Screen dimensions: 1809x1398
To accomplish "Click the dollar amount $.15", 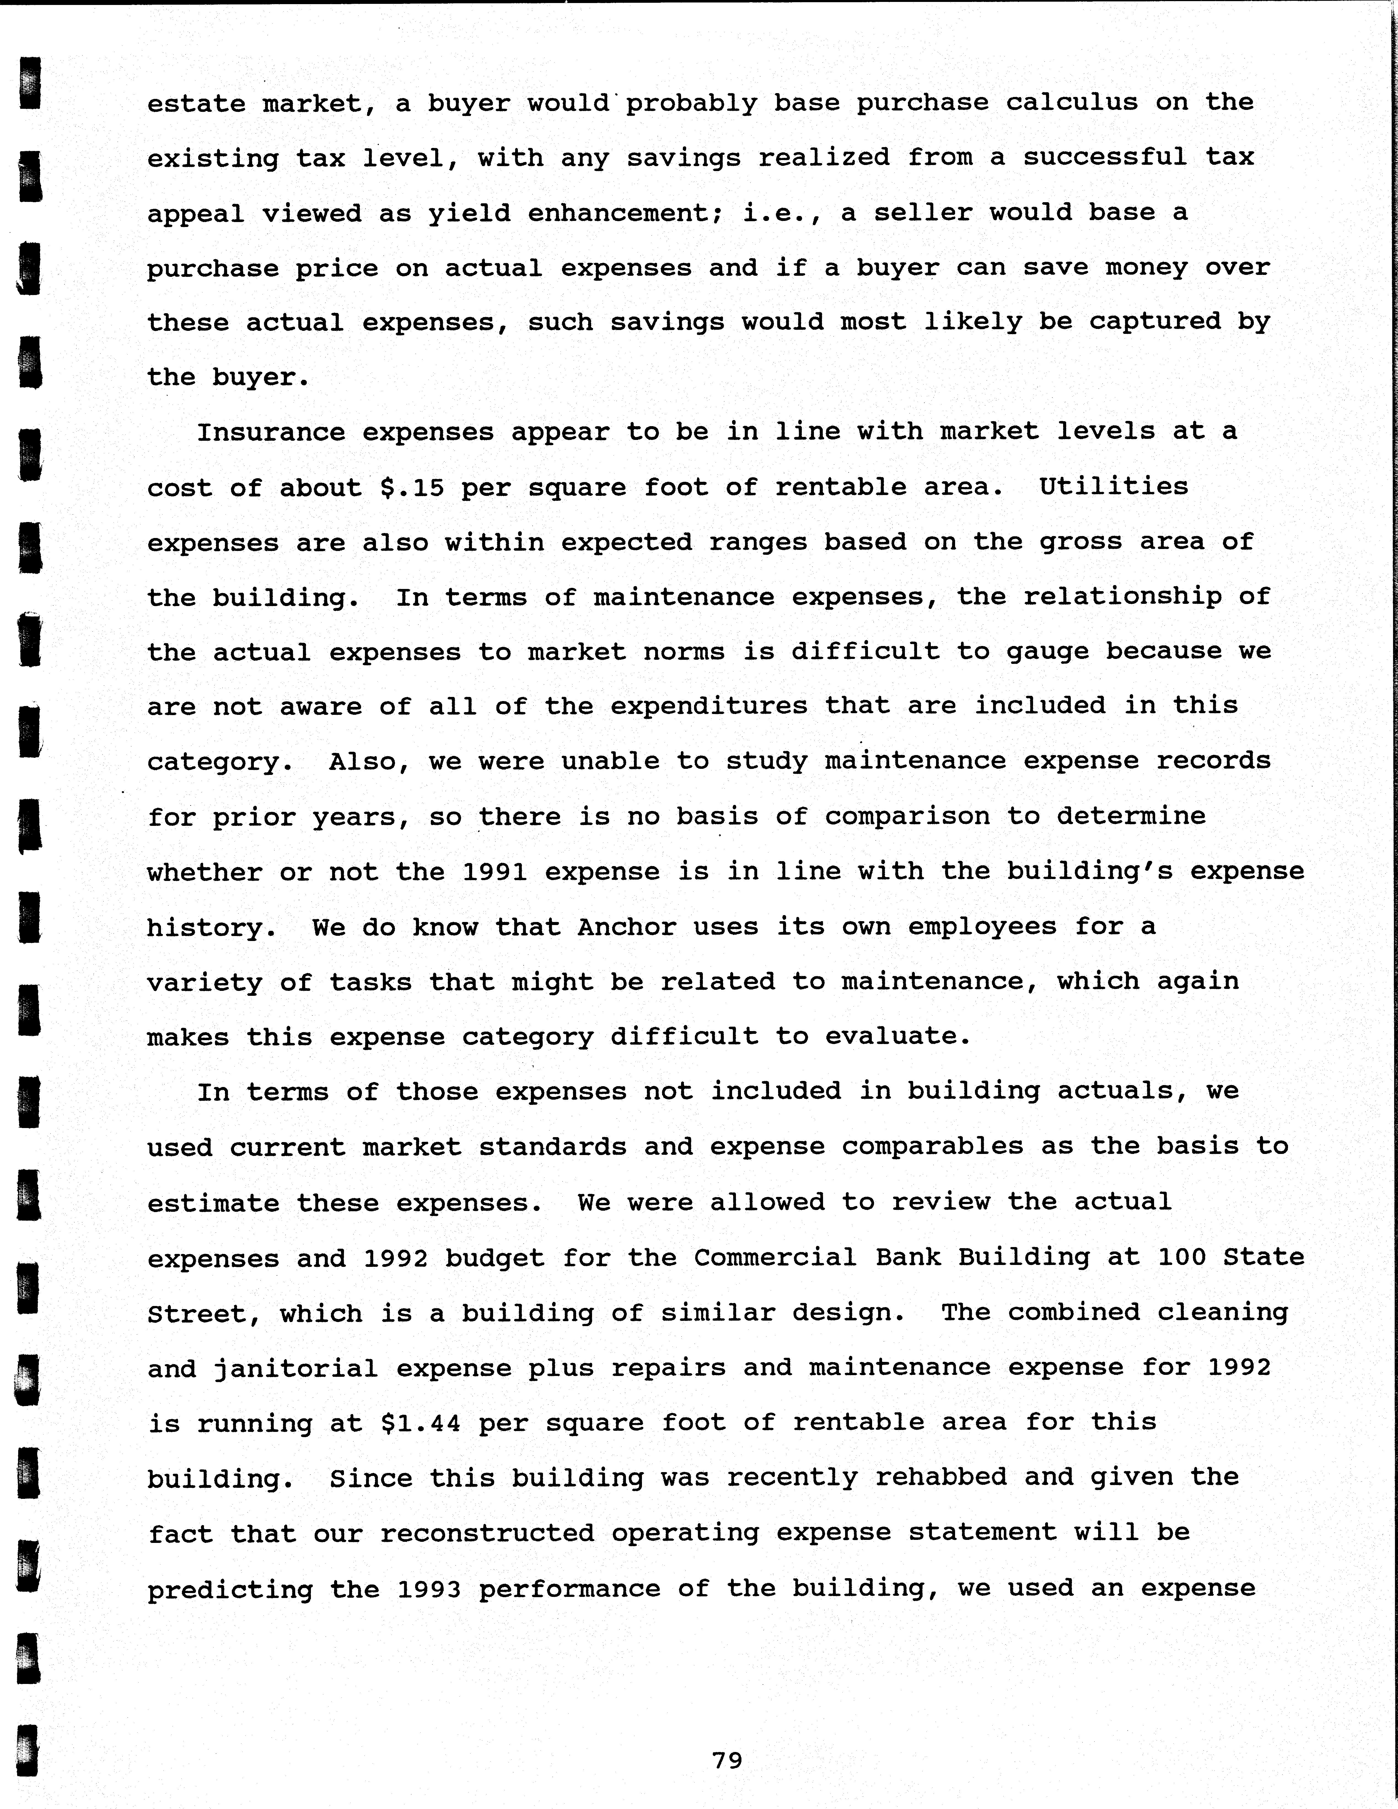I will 412,487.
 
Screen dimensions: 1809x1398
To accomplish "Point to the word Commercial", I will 775,1257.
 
